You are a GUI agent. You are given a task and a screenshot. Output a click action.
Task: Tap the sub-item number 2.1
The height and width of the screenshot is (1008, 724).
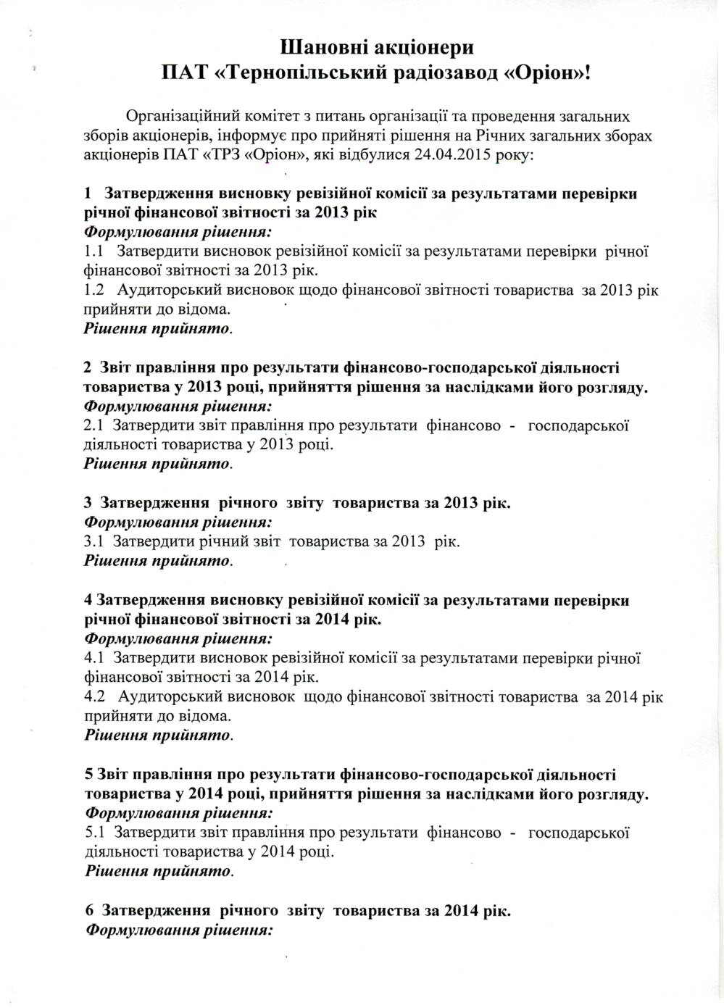[x=94, y=425]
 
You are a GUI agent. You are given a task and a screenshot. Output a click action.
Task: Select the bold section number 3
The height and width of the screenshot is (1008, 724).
[x=88, y=502]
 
